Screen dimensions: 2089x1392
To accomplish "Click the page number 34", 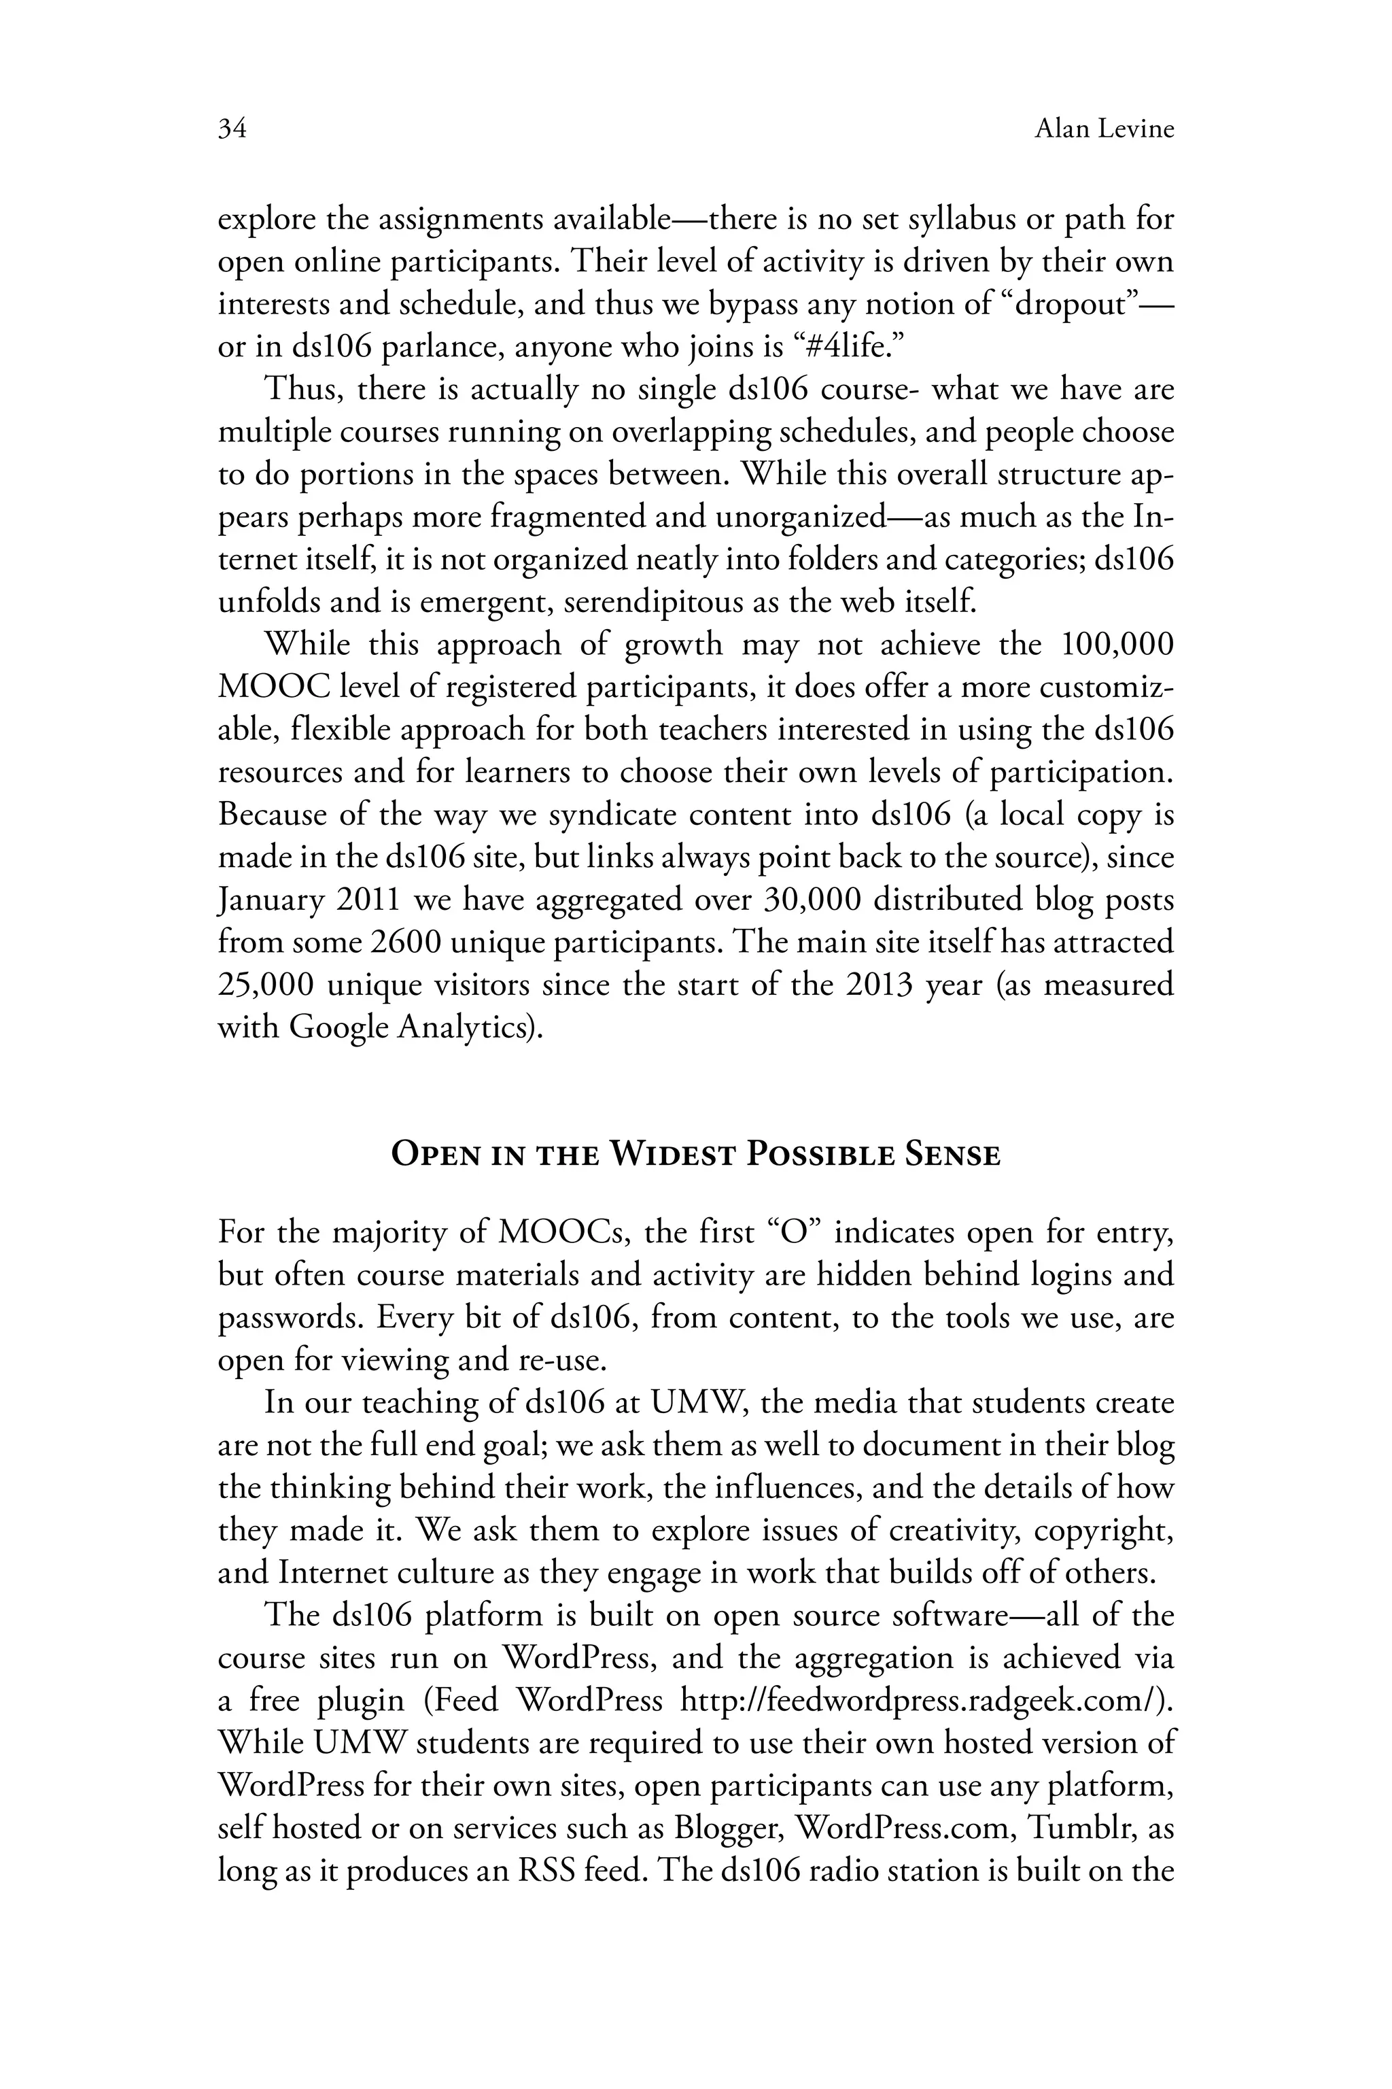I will click(232, 130).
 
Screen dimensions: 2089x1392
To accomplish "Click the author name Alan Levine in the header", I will click(1104, 130).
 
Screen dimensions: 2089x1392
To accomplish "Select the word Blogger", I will click(727, 1829).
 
